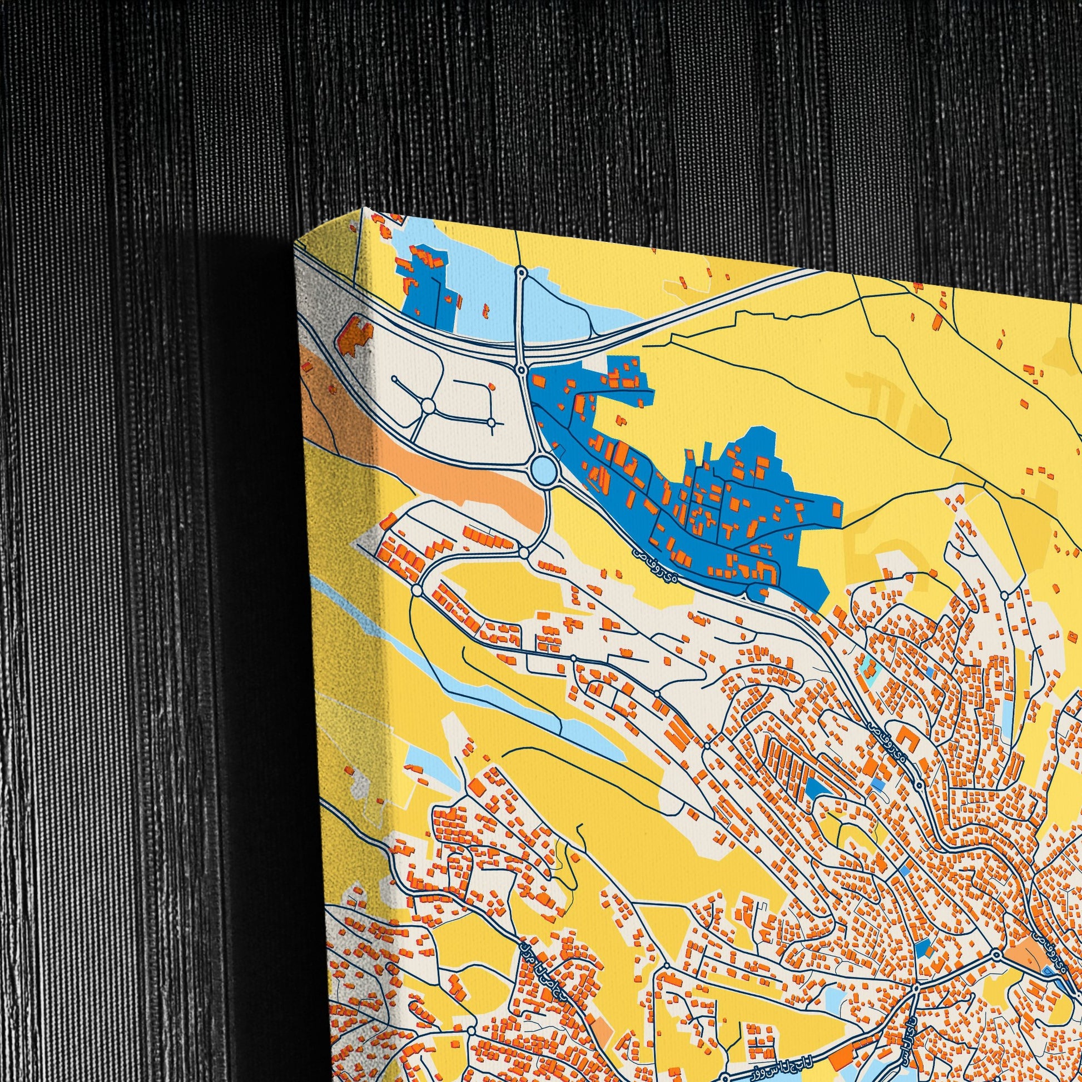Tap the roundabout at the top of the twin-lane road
(x=522, y=273)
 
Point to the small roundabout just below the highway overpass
(x=522, y=370)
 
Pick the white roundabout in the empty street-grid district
(x=428, y=405)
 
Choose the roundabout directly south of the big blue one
(x=524, y=553)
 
